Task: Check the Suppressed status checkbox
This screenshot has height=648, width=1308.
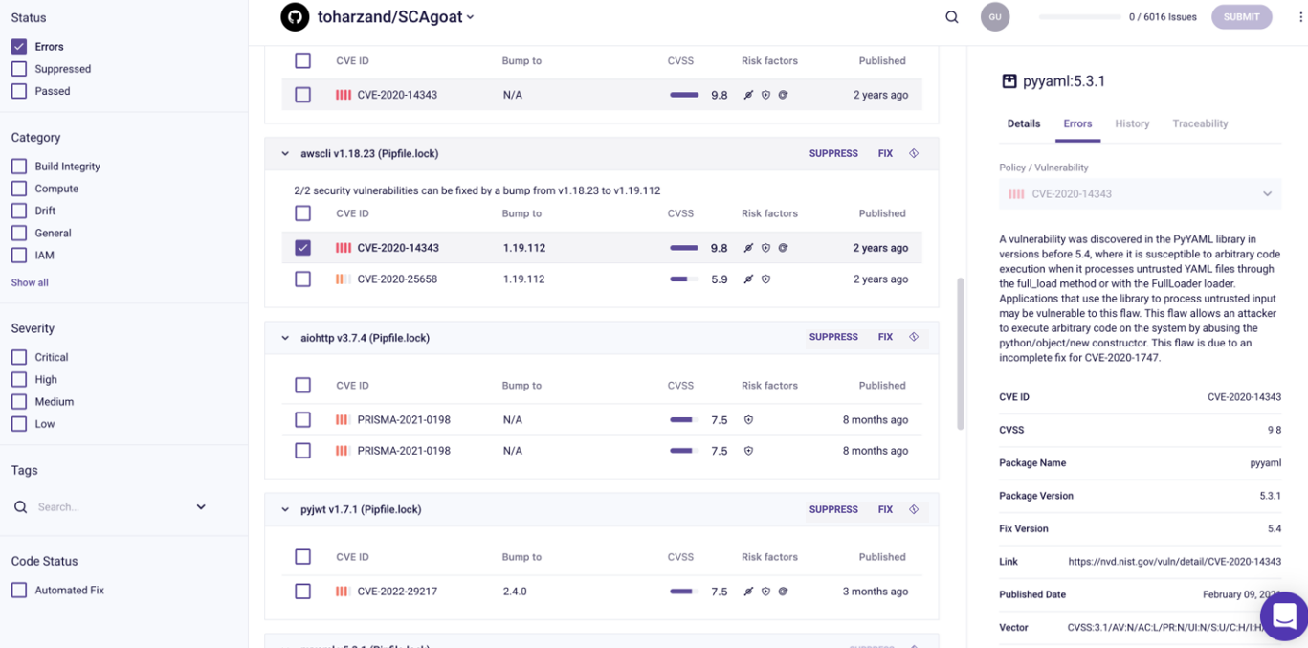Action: tap(19, 69)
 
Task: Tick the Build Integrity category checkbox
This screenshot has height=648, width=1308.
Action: tap(19, 167)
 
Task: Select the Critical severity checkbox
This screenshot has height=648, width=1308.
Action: tap(19, 357)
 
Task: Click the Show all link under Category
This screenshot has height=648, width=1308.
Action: tap(30, 282)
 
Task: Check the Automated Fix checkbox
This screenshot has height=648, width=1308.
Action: tap(19, 591)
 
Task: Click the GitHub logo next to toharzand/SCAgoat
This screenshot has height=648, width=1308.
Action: tap(295, 16)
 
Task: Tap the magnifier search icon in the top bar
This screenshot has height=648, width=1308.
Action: tap(952, 17)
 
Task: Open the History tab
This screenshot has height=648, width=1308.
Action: tap(1132, 123)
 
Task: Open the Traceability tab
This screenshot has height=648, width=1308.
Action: tap(1200, 123)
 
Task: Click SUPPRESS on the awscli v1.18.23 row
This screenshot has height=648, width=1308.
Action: tap(833, 153)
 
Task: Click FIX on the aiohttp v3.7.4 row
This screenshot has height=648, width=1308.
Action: tap(885, 337)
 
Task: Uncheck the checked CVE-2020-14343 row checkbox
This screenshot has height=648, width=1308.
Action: tap(303, 248)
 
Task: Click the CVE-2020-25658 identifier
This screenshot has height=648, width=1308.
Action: tap(397, 279)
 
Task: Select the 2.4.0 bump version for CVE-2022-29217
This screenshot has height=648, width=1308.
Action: tap(515, 592)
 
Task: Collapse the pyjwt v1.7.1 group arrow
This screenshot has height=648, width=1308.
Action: tap(285, 510)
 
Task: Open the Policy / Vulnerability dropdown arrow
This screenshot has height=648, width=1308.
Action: tap(1267, 194)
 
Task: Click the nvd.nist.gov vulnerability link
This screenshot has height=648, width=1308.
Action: tap(1174, 562)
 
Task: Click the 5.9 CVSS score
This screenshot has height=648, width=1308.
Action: tap(719, 279)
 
